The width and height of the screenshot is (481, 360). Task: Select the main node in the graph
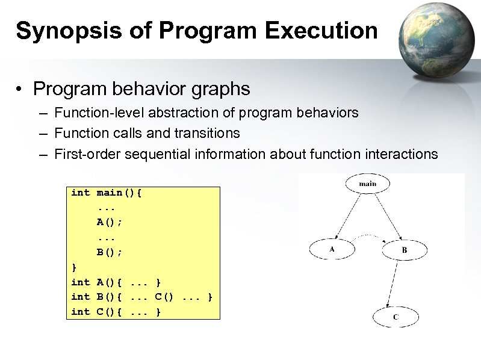[367, 184]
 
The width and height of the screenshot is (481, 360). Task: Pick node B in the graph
[405, 249]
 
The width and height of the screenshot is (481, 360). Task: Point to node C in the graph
[395, 317]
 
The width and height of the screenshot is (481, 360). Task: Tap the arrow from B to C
[399, 283]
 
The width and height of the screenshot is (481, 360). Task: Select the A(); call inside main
[110, 222]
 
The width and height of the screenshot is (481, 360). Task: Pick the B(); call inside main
[110, 252]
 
